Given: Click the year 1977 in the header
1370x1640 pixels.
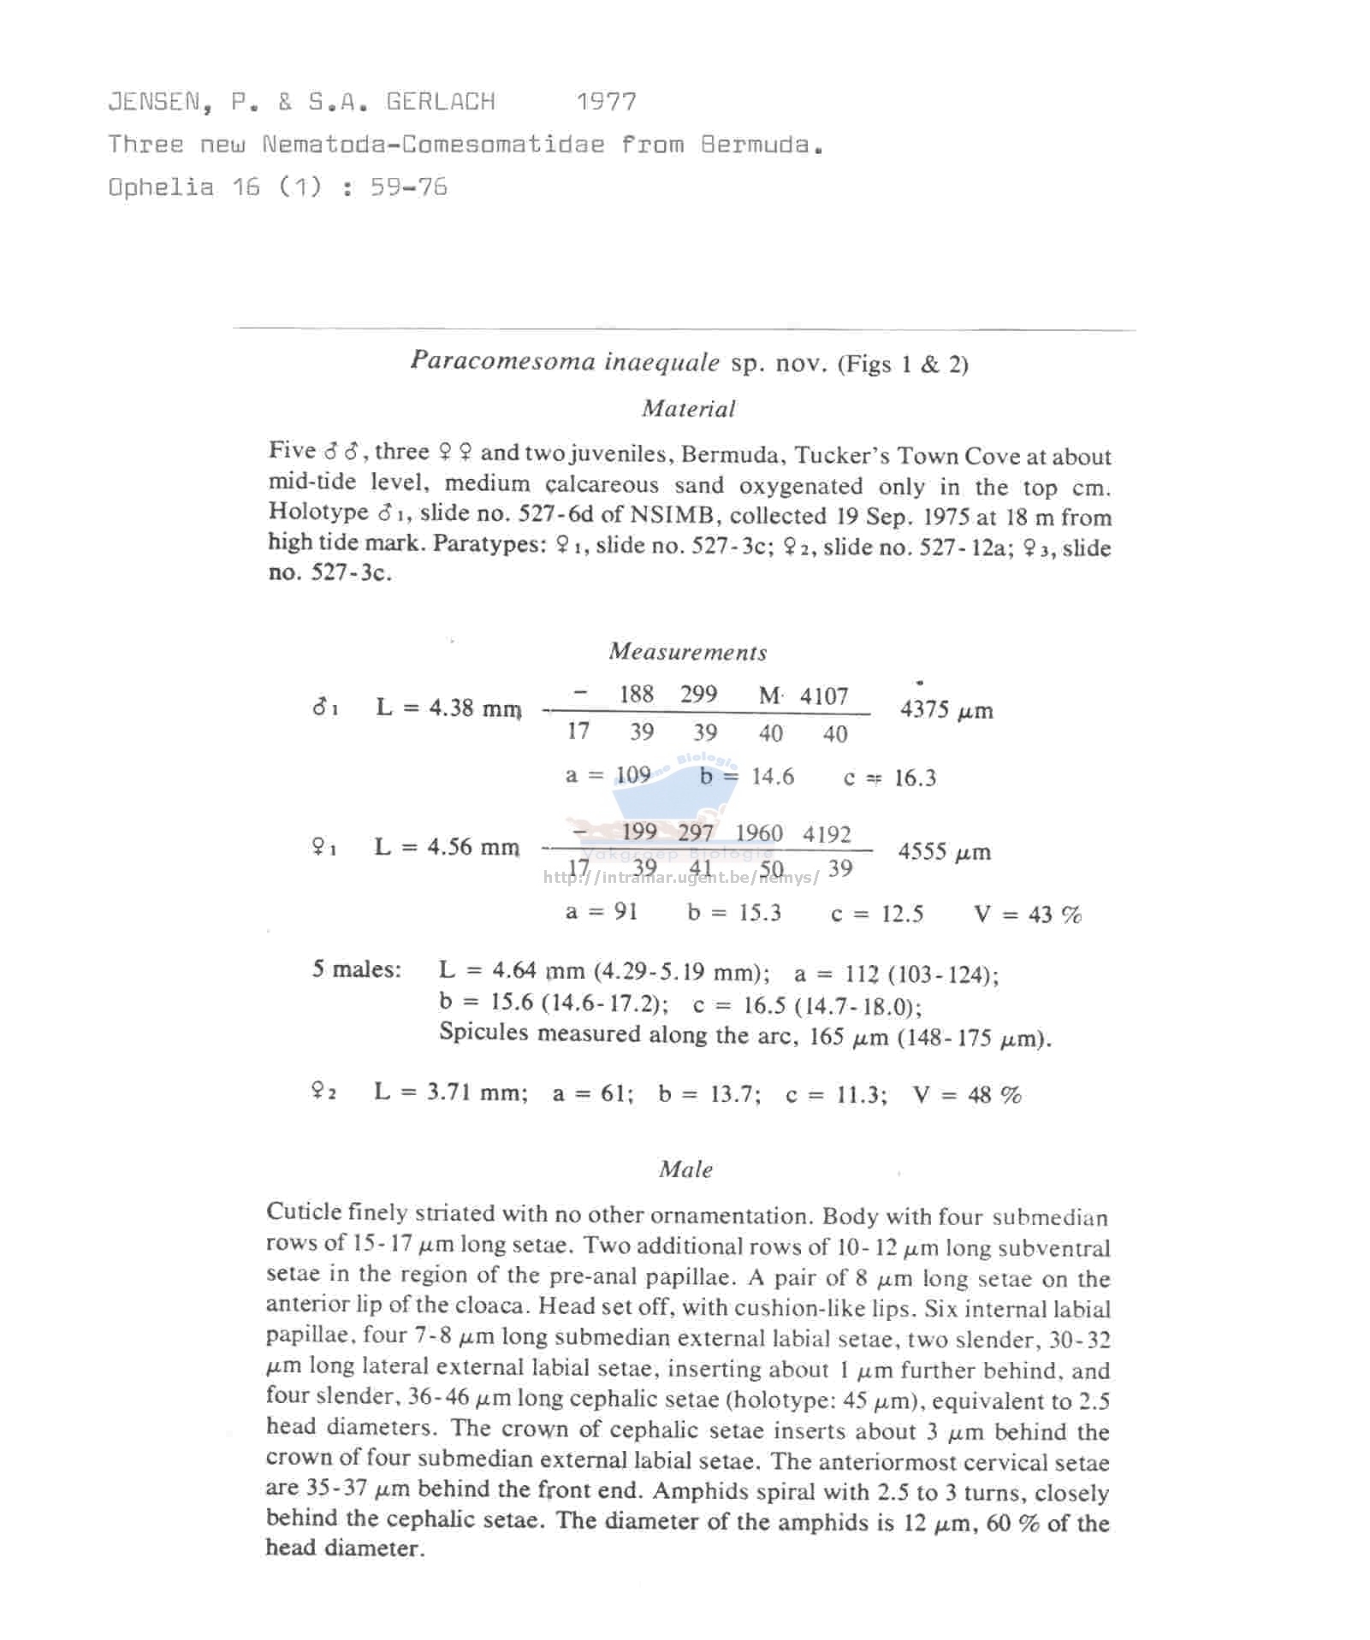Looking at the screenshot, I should pos(606,102).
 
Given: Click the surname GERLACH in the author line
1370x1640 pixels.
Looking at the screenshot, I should pos(440,102).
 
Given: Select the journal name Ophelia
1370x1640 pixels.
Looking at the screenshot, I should pos(161,187).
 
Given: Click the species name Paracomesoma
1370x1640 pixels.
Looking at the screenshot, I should pos(502,361).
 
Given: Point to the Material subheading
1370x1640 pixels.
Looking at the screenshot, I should pos(688,409).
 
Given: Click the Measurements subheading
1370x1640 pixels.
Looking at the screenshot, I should pos(687,652).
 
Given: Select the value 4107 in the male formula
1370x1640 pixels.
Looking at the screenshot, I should pos(823,696).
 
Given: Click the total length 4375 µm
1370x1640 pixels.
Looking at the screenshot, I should pos(946,710).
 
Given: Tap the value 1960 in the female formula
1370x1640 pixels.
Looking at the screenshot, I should pos(758,833).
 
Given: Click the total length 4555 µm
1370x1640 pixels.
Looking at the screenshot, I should pos(944,852).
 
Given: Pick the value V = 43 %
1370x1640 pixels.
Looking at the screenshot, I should pos(1027,915).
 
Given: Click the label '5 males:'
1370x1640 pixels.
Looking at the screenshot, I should pos(356,969).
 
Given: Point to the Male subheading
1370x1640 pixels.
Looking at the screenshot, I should pos(685,1169).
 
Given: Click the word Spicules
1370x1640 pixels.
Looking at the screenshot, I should pos(483,1033).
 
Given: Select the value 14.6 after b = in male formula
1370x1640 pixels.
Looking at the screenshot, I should pos(772,777).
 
